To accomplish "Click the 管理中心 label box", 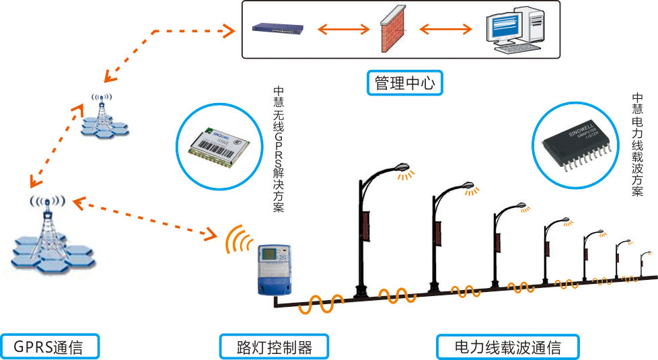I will (x=406, y=83).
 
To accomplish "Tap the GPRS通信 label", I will (x=50, y=347).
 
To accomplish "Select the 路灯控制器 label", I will (x=275, y=347).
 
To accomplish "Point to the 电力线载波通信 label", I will (x=507, y=347).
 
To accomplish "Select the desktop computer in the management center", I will (x=515, y=32).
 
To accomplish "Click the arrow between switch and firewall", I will (x=342, y=29).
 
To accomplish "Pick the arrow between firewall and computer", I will (x=444, y=29).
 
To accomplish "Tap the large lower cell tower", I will (x=49, y=236).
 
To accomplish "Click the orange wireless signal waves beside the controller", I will (x=237, y=239).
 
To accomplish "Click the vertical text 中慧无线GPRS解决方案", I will (x=279, y=149).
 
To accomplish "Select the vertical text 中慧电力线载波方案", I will (x=637, y=145).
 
